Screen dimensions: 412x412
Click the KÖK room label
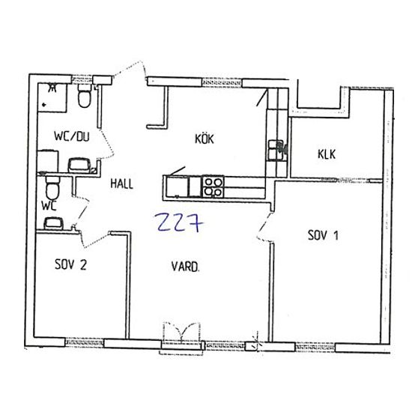pos(205,139)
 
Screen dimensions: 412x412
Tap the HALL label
pos(122,184)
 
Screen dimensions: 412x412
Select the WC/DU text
pos(72,136)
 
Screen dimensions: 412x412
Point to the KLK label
pos(327,154)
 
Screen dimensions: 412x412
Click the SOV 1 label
pos(323,235)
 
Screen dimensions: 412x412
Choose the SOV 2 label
pos(70,264)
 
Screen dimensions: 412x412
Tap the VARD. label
pos(185,267)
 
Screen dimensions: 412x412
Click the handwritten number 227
pos(178,223)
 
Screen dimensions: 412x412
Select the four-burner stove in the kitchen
pos(213,187)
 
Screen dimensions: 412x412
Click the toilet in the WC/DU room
pos(85,96)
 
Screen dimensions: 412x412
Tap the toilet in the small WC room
pos(52,188)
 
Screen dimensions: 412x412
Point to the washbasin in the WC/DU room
pos(79,165)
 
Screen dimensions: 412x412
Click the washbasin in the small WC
pos(54,224)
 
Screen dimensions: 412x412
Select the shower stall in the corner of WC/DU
pos(52,97)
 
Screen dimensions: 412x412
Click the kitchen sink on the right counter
pos(275,151)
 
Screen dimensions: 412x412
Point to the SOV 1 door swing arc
pos(264,226)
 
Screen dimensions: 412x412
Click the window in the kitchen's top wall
pos(222,82)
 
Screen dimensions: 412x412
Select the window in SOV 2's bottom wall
pos(85,342)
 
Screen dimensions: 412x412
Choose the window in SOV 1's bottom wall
pos(315,348)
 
